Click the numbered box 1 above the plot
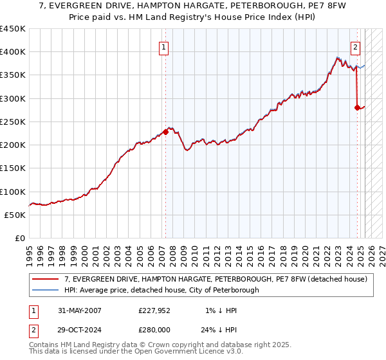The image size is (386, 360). point(164,47)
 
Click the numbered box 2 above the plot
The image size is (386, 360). point(355,47)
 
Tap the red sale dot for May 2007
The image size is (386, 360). point(165,132)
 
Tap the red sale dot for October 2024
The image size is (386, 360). point(357,108)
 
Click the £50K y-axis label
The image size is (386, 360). point(15,215)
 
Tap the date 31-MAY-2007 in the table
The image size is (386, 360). point(78,310)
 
